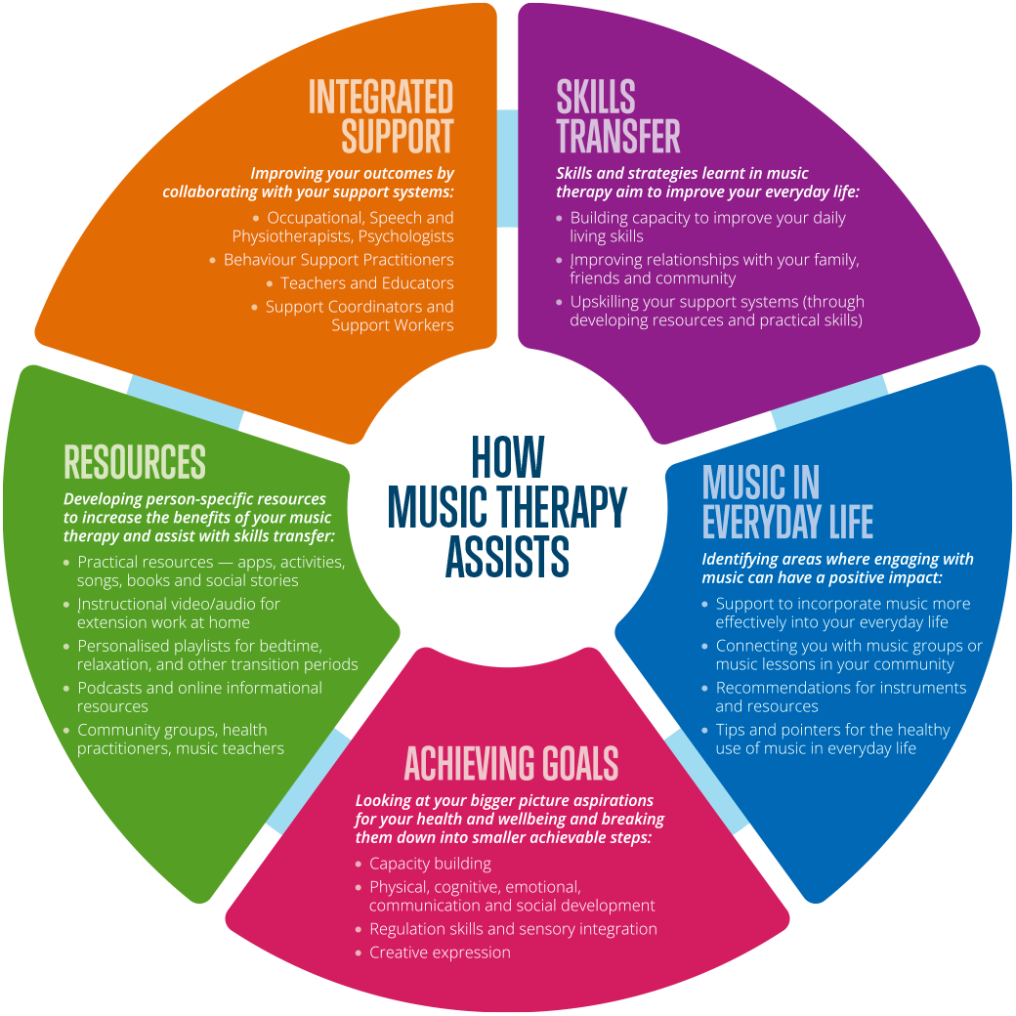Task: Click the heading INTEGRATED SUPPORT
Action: click(x=381, y=117)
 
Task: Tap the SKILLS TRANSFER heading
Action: click(x=617, y=117)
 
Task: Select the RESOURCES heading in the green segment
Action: click(x=135, y=461)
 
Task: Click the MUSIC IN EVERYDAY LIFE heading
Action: click(x=786, y=502)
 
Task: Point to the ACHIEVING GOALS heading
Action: click(x=511, y=763)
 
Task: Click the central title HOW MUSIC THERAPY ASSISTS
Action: click(x=507, y=506)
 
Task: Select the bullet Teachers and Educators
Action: click(x=366, y=283)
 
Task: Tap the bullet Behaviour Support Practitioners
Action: click(x=338, y=260)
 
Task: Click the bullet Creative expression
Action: click(x=440, y=952)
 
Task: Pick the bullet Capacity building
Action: click(x=430, y=864)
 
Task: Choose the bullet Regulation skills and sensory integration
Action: click(x=512, y=929)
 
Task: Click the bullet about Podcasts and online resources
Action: click(x=199, y=697)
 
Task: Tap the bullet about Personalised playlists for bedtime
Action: click(x=217, y=655)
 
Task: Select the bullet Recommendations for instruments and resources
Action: click(x=840, y=697)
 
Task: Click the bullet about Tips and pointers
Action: click(x=831, y=739)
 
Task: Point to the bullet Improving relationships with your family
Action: click(x=714, y=269)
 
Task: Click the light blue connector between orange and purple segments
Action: click(x=507, y=168)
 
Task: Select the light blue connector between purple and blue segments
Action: click(x=830, y=401)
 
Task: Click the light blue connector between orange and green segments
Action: click(x=185, y=402)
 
